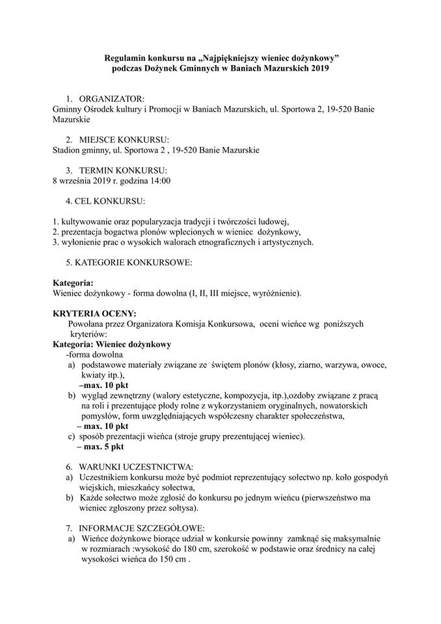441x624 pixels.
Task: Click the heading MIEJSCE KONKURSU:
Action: click(124, 140)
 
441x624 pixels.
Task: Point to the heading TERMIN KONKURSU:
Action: click(122, 170)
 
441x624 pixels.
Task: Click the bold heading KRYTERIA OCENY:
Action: click(94, 313)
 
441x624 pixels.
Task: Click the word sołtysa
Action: click(172, 508)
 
